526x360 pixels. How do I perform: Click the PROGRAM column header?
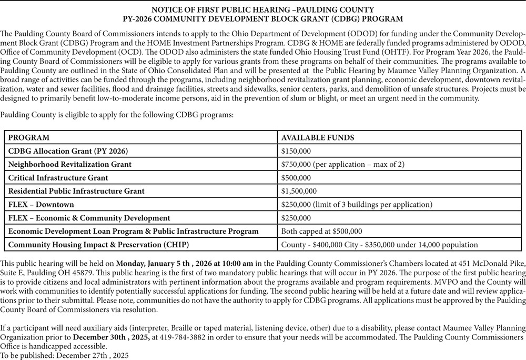point(29,137)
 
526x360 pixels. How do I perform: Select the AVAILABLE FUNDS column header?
point(318,137)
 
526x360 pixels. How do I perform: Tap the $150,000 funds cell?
point(296,151)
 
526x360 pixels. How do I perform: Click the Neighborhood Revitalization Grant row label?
point(70,164)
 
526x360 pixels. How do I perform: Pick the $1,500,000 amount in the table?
point(299,191)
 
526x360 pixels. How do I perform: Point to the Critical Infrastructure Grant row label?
point(58,178)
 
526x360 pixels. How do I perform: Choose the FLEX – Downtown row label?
point(41,204)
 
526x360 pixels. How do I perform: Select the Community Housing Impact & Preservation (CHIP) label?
point(98,245)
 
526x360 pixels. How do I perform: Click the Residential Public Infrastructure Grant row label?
point(76,191)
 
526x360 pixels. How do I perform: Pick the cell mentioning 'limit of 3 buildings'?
point(357,204)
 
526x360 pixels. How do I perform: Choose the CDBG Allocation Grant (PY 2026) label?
point(68,151)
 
